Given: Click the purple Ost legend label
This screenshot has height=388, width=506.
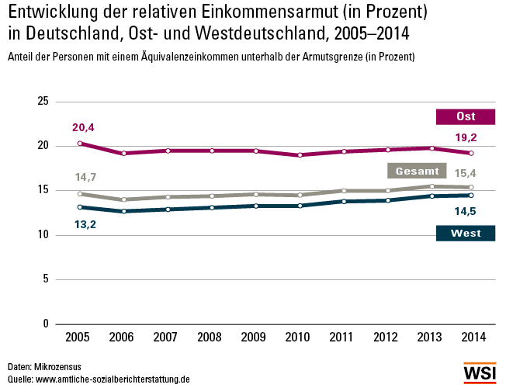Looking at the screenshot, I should click(466, 116).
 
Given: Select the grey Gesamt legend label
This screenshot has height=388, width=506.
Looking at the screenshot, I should click(418, 171).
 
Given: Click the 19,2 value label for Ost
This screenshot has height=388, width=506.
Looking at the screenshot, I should click(466, 137).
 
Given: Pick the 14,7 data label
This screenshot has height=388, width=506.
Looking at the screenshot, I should click(85, 178).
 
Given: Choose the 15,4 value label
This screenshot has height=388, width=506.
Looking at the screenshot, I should click(466, 173).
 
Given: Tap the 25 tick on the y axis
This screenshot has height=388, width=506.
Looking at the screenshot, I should click(43, 102).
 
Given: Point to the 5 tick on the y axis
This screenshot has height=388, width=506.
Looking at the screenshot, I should click(46, 279).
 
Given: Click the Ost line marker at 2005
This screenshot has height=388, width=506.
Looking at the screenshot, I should click(80, 144).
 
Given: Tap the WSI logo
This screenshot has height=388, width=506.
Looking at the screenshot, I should click(480, 374).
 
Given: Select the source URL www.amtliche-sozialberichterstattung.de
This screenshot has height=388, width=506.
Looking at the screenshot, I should click(113, 379).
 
